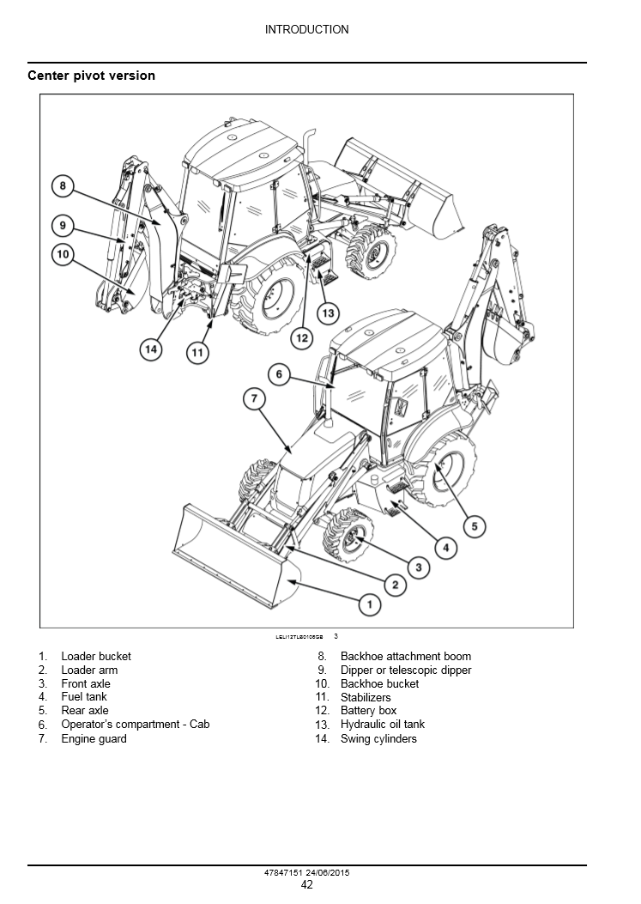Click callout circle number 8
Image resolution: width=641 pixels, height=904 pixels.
click(x=63, y=185)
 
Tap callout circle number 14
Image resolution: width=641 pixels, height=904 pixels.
click(x=151, y=349)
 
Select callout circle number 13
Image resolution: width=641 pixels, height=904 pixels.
click(x=328, y=313)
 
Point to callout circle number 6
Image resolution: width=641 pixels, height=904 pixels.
click(x=280, y=374)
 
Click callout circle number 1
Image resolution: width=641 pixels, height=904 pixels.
click(x=369, y=605)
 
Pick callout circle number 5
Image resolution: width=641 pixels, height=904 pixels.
click(x=475, y=526)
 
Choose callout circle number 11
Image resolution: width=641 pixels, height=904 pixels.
click(x=198, y=352)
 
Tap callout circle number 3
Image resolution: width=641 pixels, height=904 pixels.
click(x=418, y=567)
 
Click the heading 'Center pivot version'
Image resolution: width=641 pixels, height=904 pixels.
click(x=92, y=76)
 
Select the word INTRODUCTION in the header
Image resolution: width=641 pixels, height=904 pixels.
click(x=306, y=29)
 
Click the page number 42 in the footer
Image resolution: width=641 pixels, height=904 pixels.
click(x=306, y=885)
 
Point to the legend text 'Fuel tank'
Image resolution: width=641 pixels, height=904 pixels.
click(x=84, y=697)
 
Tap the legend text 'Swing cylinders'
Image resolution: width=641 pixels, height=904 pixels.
click(x=378, y=738)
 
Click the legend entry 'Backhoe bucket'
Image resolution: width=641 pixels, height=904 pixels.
click(x=379, y=683)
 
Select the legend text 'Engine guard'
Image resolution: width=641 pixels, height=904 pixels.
click(x=94, y=738)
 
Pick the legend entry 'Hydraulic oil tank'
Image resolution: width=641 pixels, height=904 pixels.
click(x=382, y=725)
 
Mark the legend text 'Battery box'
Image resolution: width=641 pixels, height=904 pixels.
click(x=368, y=711)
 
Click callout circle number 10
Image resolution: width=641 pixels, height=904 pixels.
click(x=63, y=254)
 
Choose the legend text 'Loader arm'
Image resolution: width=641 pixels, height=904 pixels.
click(x=89, y=670)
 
